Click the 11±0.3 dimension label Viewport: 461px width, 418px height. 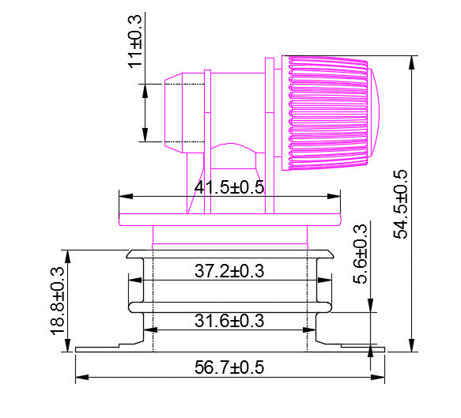pyautogui.click(x=135, y=40)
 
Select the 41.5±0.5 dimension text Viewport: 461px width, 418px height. pyautogui.click(x=229, y=188)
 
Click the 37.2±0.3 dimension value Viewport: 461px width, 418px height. pyautogui.click(x=229, y=271)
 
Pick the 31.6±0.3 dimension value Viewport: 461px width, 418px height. pyautogui.click(x=229, y=321)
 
